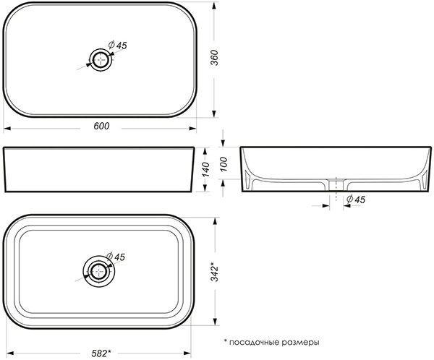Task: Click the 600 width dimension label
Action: pos(101,126)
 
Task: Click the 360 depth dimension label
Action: pos(215,58)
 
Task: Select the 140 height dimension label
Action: pos(205,170)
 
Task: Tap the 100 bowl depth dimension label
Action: pos(224,164)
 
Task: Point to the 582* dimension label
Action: pos(101,353)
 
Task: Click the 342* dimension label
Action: pos(215,272)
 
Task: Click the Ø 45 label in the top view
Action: pos(117,45)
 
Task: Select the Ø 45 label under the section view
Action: pos(356,199)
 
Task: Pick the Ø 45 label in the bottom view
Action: pos(116,257)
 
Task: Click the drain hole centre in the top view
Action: pos(101,60)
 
